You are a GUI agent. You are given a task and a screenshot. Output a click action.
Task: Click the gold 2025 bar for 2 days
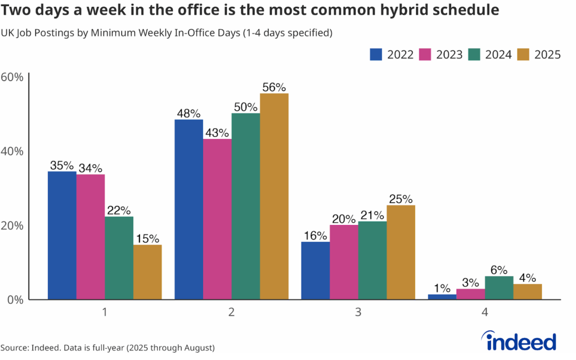[x=274, y=196]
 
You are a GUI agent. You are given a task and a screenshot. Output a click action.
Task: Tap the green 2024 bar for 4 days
[x=499, y=288]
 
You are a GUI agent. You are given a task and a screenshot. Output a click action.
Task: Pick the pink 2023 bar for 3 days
[x=344, y=262]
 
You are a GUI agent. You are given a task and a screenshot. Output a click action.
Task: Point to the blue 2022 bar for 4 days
[x=442, y=296]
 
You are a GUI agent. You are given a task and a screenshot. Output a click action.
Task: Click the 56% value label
[x=274, y=87]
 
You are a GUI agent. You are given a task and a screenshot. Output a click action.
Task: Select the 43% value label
[x=217, y=133]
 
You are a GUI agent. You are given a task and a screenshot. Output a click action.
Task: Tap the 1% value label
[x=442, y=288]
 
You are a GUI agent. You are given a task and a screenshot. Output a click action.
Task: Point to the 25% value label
[x=400, y=199]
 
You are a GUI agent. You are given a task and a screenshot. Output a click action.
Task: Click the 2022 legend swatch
[x=376, y=55]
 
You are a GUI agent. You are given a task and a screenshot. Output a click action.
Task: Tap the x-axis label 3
[x=358, y=312]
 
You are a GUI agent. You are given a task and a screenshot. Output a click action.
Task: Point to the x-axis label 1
[x=105, y=312]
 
